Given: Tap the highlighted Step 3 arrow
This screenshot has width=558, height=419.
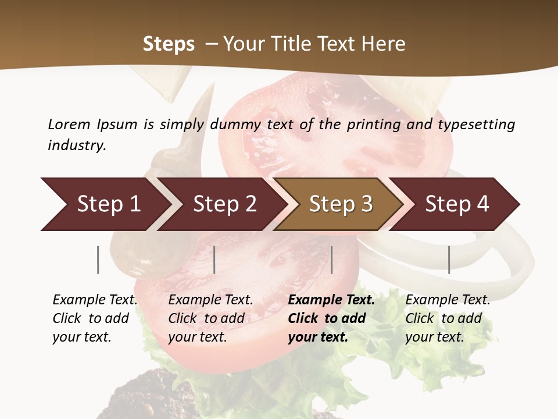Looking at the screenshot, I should point(341,204).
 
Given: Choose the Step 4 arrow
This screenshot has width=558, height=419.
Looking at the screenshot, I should point(457,204).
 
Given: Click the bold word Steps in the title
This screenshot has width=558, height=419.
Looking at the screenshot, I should point(169,44).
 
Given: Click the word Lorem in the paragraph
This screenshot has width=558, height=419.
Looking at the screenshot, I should point(69,124).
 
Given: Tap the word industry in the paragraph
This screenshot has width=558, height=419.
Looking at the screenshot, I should point(76,145).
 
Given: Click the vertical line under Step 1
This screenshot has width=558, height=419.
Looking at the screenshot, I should point(98,260).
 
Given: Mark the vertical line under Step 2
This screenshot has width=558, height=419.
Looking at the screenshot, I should point(214,260).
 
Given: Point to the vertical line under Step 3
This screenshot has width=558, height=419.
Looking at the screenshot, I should point(332,260).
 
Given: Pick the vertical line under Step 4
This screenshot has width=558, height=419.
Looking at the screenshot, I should point(449,260).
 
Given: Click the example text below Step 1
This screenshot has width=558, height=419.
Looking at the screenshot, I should point(95,318).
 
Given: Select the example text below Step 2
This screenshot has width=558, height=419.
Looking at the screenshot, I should point(210,318).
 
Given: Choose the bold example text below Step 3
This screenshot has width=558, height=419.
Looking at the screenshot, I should point(331,318).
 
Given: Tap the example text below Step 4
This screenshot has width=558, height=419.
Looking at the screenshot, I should point(448,318).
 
